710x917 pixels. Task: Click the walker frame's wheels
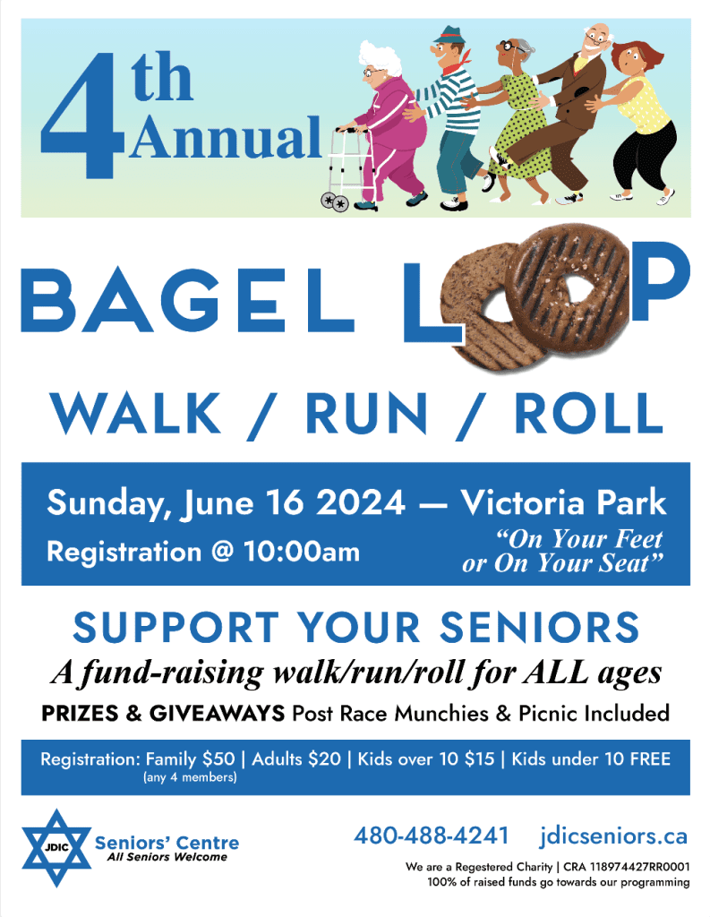(x=335, y=202)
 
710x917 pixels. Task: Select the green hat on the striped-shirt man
(x=449, y=35)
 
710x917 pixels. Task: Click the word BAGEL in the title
(x=187, y=300)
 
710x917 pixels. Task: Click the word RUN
(x=367, y=413)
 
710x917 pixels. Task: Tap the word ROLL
(x=588, y=413)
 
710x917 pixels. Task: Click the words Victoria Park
(x=563, y=502)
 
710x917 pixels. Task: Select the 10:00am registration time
(x=302, y=551)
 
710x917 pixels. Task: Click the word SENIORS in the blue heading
(x=539, y=627)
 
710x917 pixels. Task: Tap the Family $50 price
(x=190, y=759)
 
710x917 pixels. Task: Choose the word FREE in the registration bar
(x=650, y=759)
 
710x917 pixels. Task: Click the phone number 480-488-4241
(x=432, y=836)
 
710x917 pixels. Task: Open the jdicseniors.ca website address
(x=613, y=836)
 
